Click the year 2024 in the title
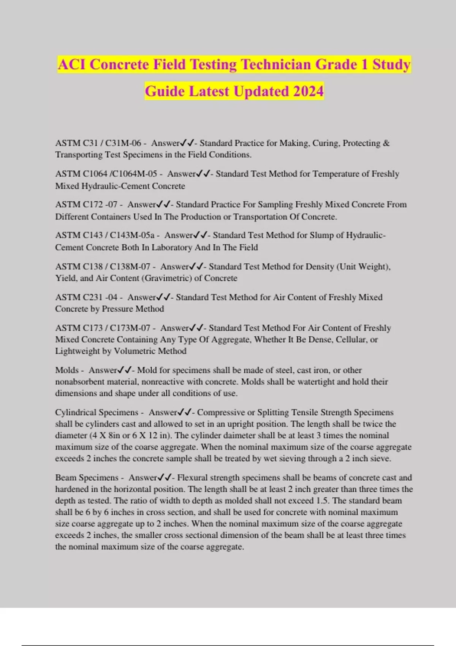click(x=308, y=91)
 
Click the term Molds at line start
click(x=67, y=370)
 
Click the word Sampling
click(x=275, y=204)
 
